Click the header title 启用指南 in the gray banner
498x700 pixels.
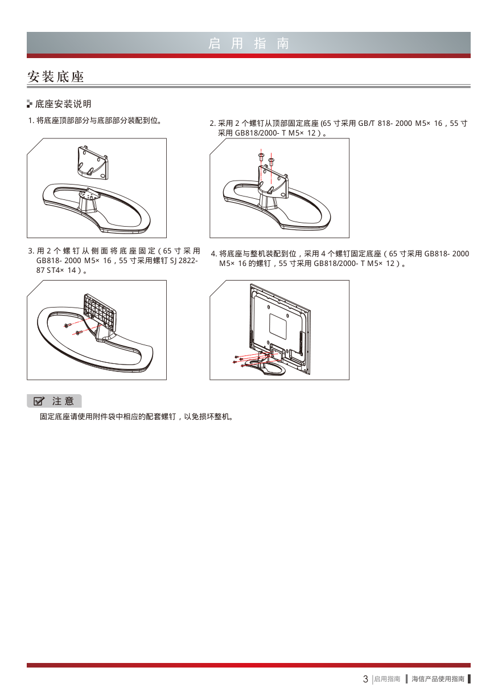click(249, 43)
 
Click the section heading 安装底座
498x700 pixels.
click(56, 76)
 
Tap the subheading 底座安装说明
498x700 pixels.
click(63, 104)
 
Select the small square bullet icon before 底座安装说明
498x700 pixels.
click(30, 104)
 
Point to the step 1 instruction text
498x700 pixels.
click(95, 121)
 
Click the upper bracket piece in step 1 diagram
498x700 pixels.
click(92, 163)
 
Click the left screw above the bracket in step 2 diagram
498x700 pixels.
click(261, 157)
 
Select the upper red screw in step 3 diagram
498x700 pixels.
click(67, 326)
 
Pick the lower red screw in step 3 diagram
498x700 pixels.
click(78, 333)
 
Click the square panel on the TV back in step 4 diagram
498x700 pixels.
click(278, 327)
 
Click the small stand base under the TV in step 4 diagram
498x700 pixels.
click(266, 366)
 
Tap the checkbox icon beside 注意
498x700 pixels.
click(39, 401)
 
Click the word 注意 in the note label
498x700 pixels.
click(63, 401)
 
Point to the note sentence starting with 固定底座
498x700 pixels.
click(137, 416)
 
